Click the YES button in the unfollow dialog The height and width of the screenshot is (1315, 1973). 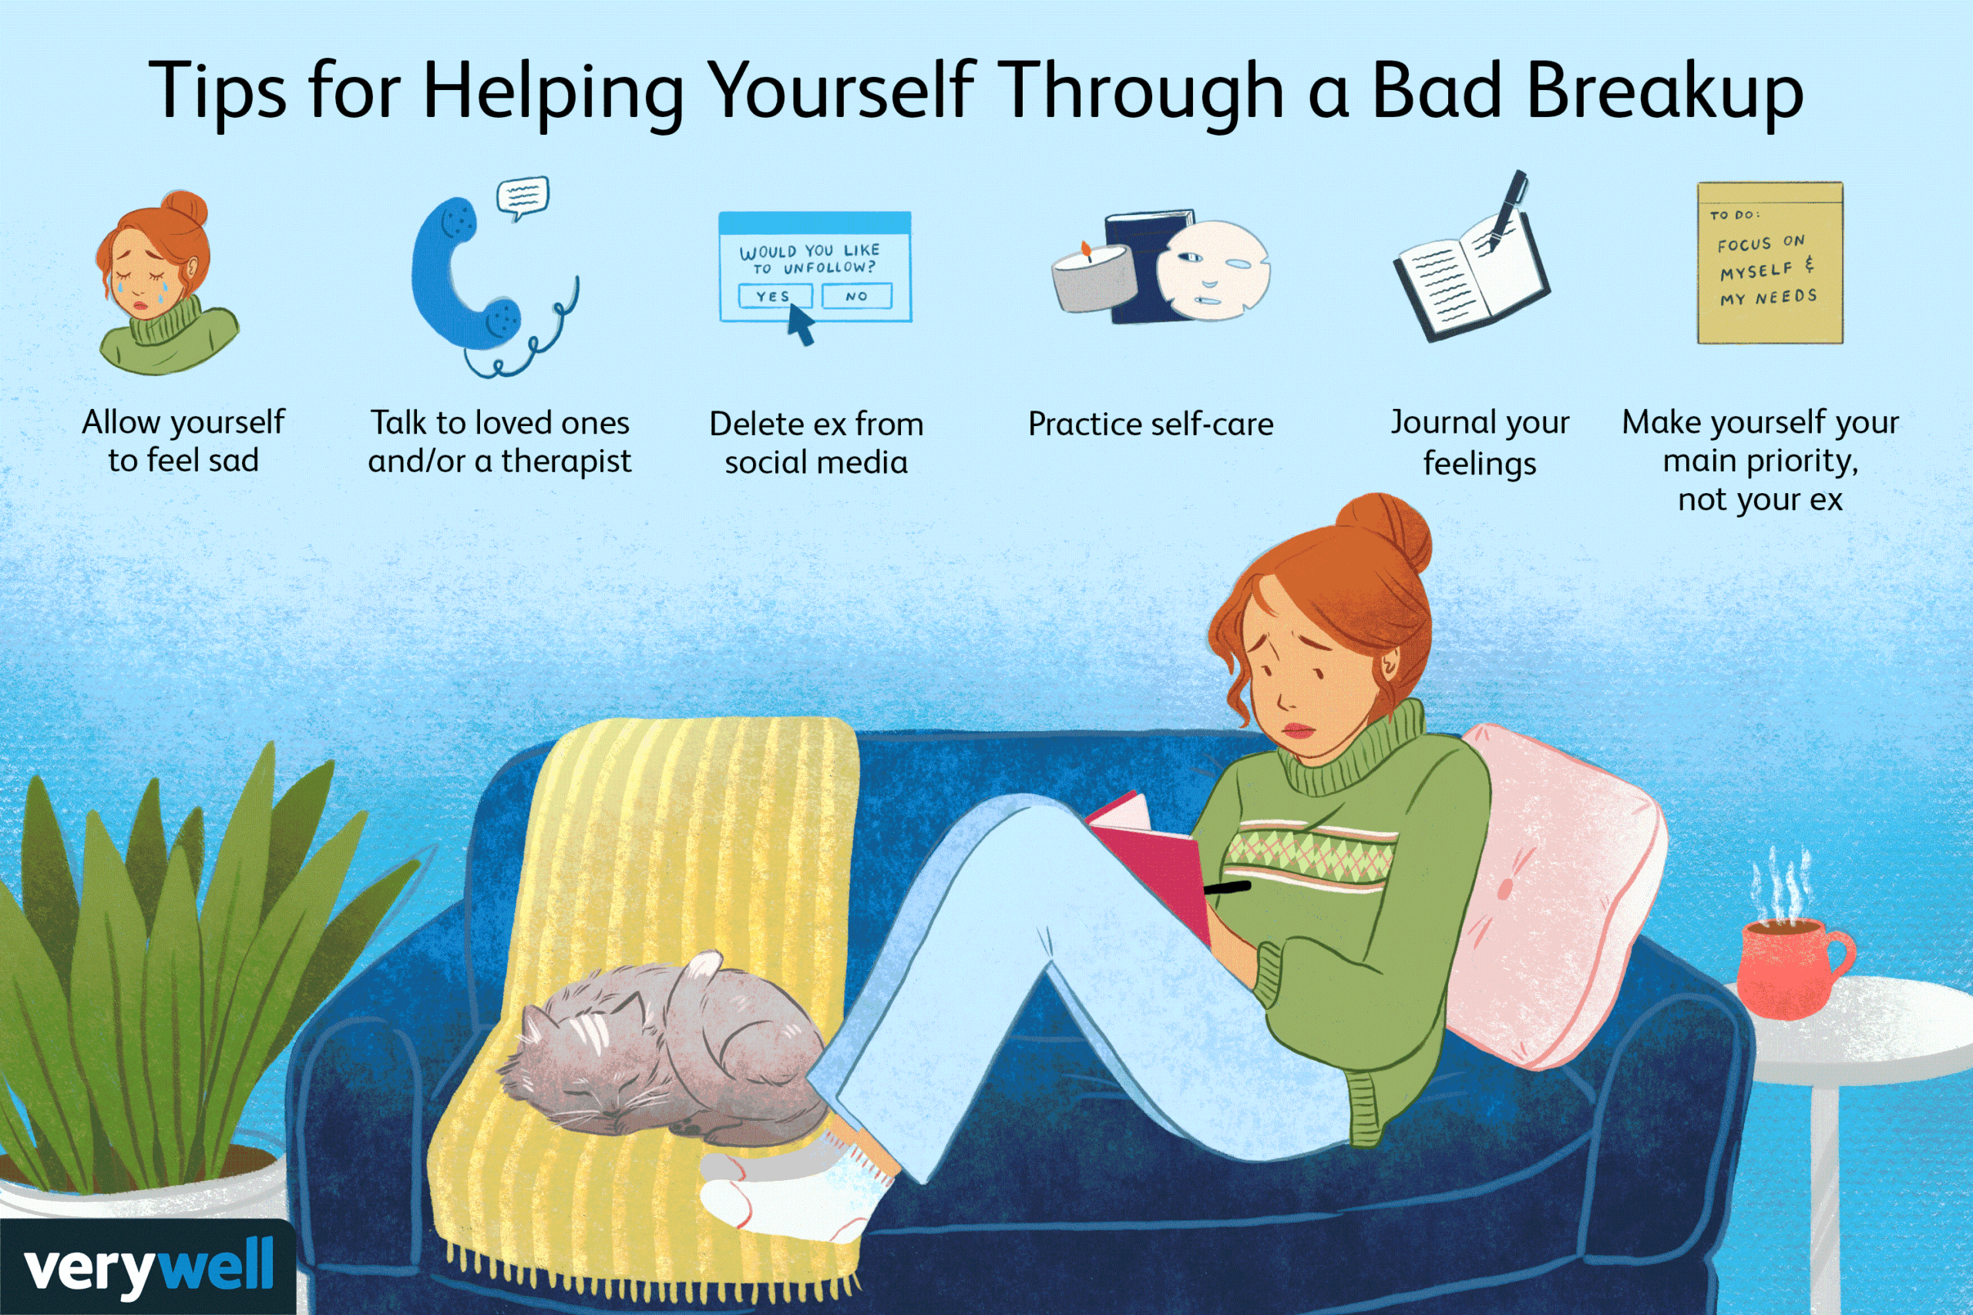tap(775, 296)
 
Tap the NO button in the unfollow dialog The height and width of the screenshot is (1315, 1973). tap(856, 296)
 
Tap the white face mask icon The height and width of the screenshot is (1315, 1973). tap(1212, 268)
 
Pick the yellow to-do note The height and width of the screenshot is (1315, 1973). tap(1770, 263)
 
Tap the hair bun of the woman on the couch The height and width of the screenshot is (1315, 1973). tap(1384, 532)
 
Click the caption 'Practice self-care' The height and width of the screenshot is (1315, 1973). tap(1151, 424)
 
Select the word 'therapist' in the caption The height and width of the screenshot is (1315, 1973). tap(566, 461)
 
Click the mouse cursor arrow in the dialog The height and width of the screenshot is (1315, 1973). tap(799, 324)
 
